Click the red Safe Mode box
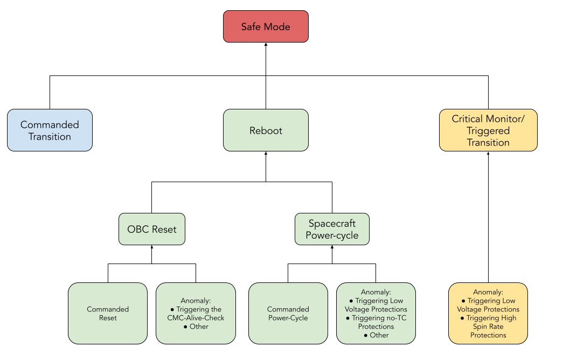266,26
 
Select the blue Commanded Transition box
50,130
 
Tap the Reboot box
266,130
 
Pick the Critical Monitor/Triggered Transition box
488,130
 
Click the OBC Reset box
151,230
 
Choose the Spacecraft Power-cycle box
332,230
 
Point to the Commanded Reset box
108,314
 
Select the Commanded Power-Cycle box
288,314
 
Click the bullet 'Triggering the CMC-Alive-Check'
196,314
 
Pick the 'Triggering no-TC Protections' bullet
376,322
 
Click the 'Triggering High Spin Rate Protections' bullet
488,327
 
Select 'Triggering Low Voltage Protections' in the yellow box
488,305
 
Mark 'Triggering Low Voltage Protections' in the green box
376,305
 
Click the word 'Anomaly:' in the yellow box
488,292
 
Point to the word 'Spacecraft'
332,224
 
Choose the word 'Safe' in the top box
252,26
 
